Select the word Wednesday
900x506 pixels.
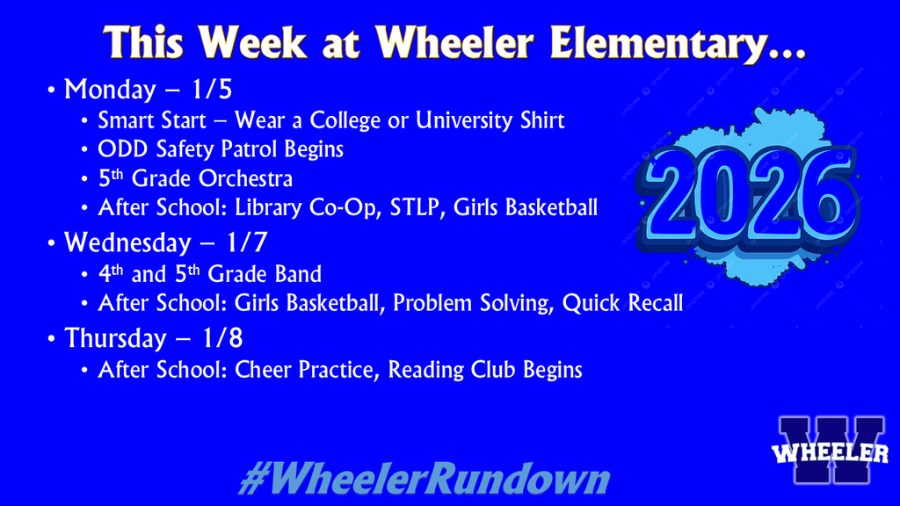pos(127,241)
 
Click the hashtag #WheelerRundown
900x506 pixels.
pos(424,480)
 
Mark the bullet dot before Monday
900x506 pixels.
pos(52,90)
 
